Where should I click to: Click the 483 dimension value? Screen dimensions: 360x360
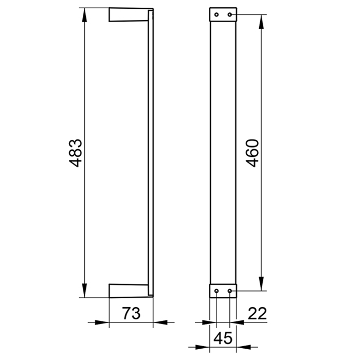(x=76, y=153)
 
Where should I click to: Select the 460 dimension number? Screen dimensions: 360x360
(x=253, y=153)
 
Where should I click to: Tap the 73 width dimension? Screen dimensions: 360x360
(x=131, y=313)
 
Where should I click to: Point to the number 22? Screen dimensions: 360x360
(x=257, y=313)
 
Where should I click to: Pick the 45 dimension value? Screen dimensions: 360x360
(x=223, y=338)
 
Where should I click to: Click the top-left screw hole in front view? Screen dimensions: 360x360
(x=217, y=15)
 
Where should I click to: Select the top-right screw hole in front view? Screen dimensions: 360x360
(x=229, y=15)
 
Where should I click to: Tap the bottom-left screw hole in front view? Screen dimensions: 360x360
(x=217, y=291)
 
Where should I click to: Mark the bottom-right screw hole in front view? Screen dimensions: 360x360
(x=229, y=291)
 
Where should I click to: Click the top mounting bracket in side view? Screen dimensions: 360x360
(x=128, y=15)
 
